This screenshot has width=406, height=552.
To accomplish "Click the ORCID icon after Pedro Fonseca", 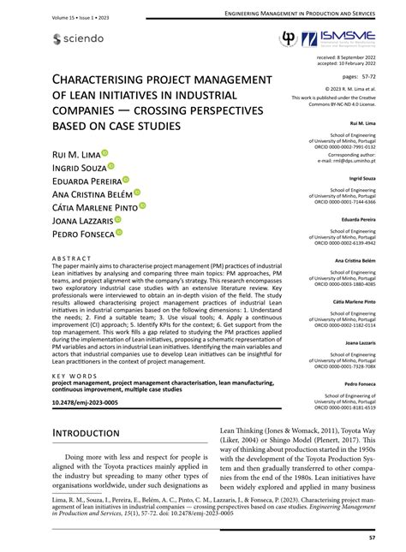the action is (120, 232).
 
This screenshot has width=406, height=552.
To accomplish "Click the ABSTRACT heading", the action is (69, 257).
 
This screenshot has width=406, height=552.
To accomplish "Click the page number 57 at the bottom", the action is (371, 537).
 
